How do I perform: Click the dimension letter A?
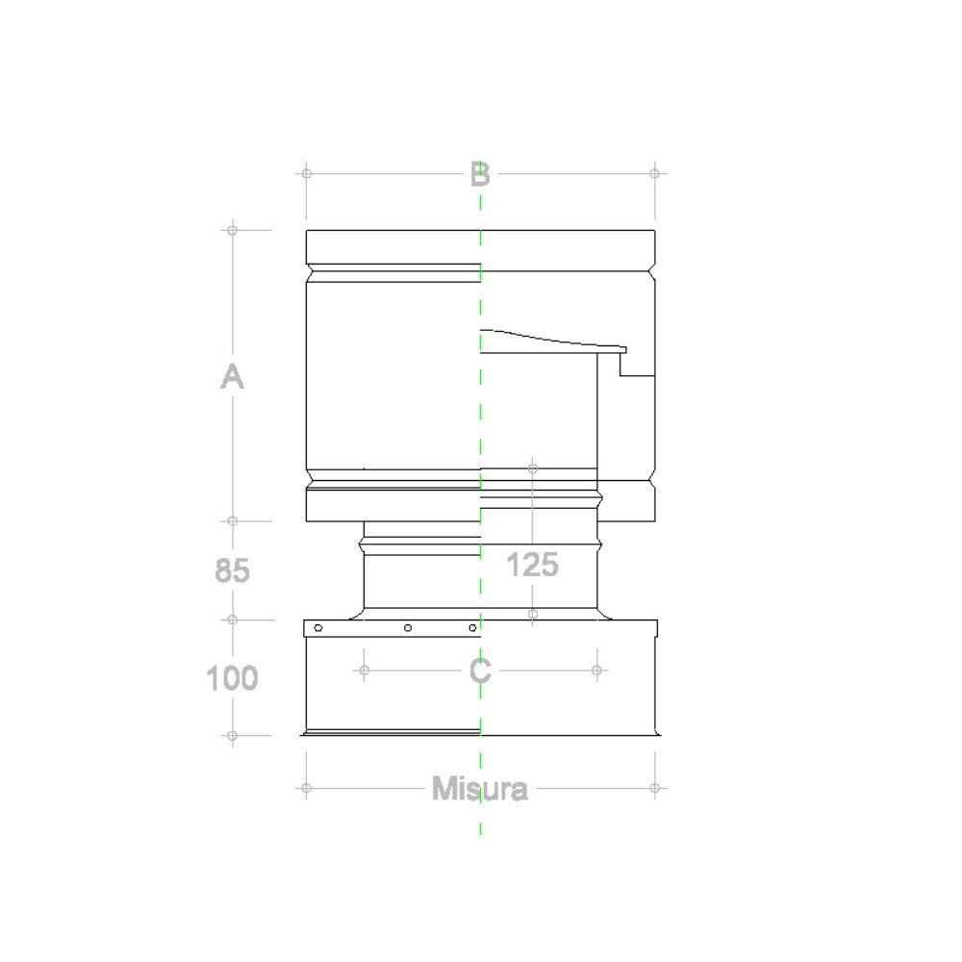[232, 377]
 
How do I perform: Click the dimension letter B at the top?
[480, 175]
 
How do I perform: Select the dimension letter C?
[480, 671]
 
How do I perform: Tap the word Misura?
[480, 790]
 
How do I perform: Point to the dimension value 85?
[232, 571]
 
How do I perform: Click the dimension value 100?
[232, 678]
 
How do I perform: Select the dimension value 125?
[533, 565]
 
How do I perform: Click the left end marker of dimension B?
[306, 173]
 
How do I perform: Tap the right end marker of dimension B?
[655, 173]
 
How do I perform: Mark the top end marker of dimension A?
[232, 231]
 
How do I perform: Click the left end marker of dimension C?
[364, 670]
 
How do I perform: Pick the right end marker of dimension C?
[596, 670]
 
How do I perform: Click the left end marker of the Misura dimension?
[306, 788]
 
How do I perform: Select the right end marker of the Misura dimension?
[655, 788]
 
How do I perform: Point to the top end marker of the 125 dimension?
[533, 468]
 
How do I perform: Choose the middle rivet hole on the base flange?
[408, 628]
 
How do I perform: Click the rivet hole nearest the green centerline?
[472, 628]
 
